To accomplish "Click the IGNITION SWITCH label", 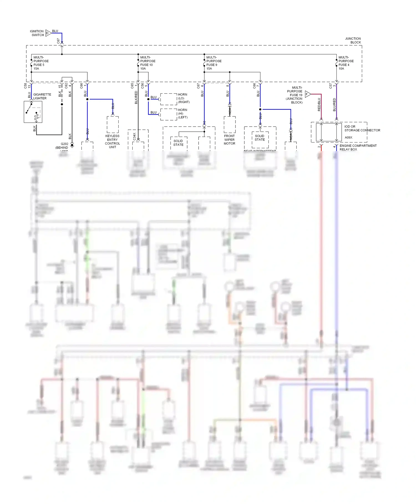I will [x=37, y=33].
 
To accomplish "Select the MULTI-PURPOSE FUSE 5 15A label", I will [x=41, y=63].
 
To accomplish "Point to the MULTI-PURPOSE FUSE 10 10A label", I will [x=148, y=63].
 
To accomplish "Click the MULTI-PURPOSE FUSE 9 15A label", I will [x=214, y=63].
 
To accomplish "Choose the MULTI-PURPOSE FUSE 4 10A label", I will [x=346, y=63].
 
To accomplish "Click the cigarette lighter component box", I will [x=33, y=112].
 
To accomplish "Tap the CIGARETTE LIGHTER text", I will [x=42, y=96].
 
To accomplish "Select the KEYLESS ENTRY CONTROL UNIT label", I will [x=112, y=142].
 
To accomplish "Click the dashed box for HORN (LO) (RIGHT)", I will [x=169, y=99].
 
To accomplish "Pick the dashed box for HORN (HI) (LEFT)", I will [x=169, y=114].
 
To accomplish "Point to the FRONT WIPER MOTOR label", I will [x=229, y=140].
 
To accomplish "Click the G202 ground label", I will [x=64, y=144].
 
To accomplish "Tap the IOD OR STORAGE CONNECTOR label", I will [x=362, y=128].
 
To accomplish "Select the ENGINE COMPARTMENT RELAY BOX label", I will [x=358, y=147].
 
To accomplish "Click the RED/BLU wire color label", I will [x=319, y=104].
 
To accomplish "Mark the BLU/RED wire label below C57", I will [x=334, y=105].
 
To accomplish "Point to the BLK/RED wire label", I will [x=136, y=97].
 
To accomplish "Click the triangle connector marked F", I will [x=308, y=94].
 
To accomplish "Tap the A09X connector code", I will [x=348, y=137].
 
